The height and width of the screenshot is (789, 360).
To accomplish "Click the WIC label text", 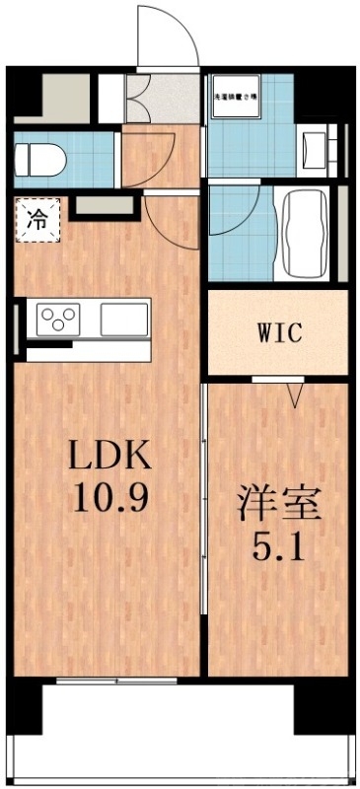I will coord(277,332).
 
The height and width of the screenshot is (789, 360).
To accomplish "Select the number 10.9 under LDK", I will coord(109,497).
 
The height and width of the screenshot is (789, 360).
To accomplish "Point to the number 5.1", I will coord(278,544).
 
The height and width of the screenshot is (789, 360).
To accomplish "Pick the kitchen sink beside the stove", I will coord(121,319).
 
